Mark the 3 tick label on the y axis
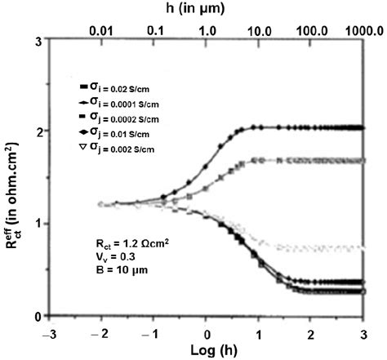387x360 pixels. [35, 40]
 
